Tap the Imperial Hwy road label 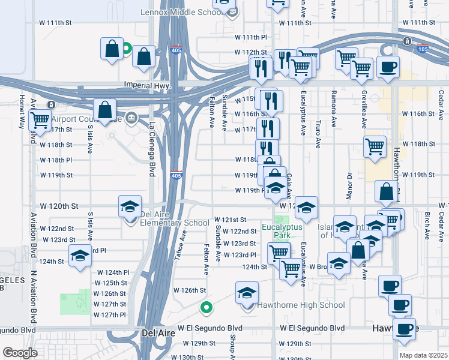148,85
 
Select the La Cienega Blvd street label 152,150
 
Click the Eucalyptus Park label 280,231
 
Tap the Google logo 19,352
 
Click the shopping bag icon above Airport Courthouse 104,110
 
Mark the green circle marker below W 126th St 206,308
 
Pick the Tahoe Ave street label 178,248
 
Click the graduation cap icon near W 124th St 80,256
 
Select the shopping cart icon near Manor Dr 375,146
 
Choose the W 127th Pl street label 110,314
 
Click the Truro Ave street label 318,137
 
